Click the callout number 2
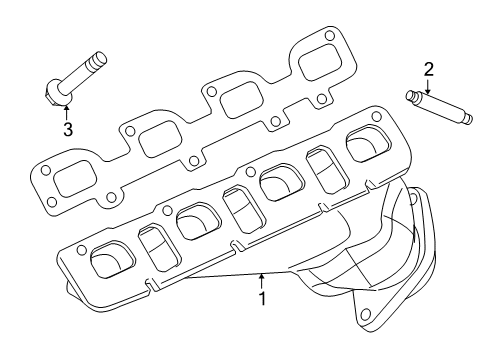point(427,69)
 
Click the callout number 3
point(67,129)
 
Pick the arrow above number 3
point(66,111)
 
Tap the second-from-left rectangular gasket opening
point(159,141)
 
